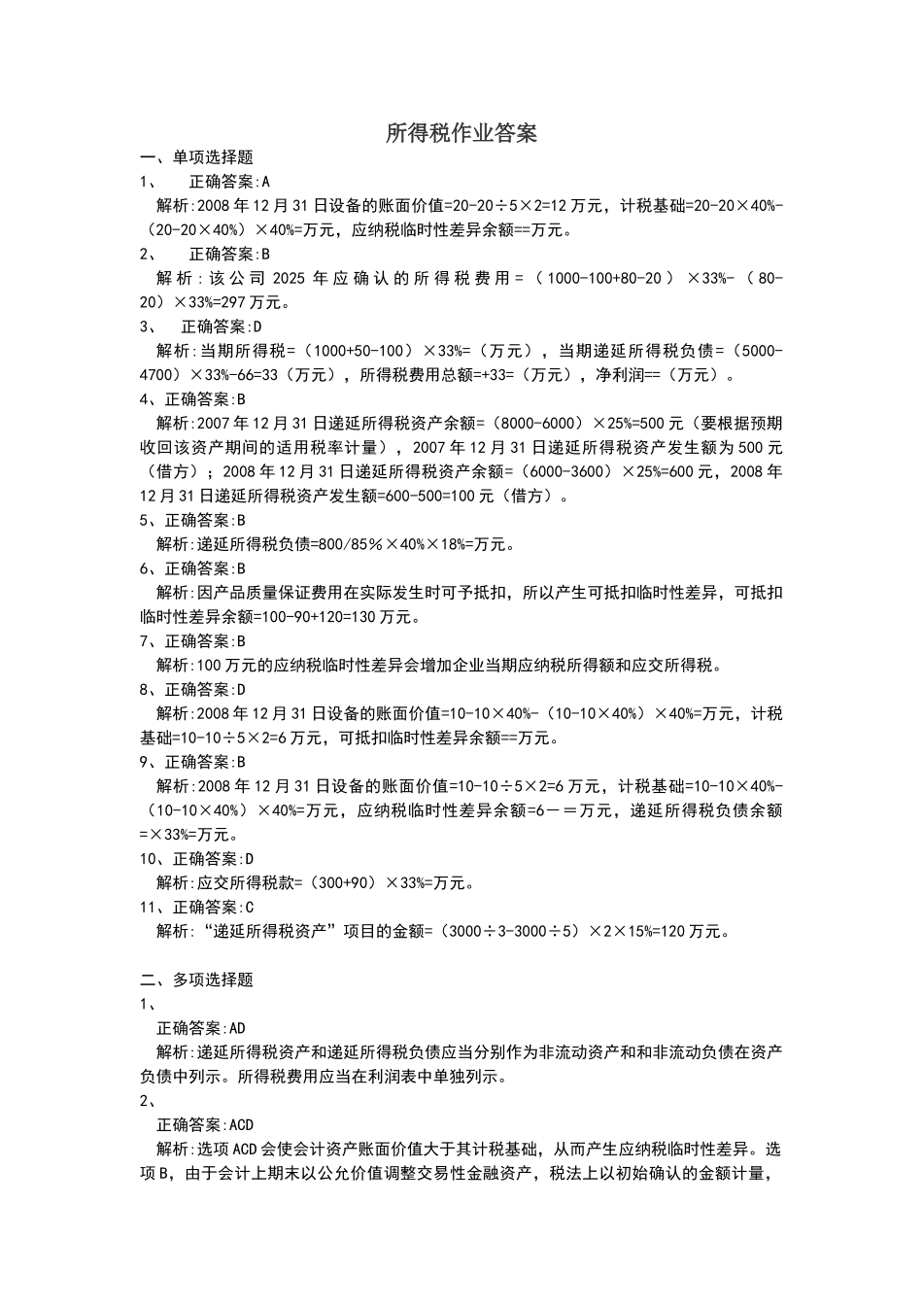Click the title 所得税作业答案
[x=461, y=133]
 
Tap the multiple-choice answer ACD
[x=242, y=1124]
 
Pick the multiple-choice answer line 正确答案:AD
[x=201, y=1028]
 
